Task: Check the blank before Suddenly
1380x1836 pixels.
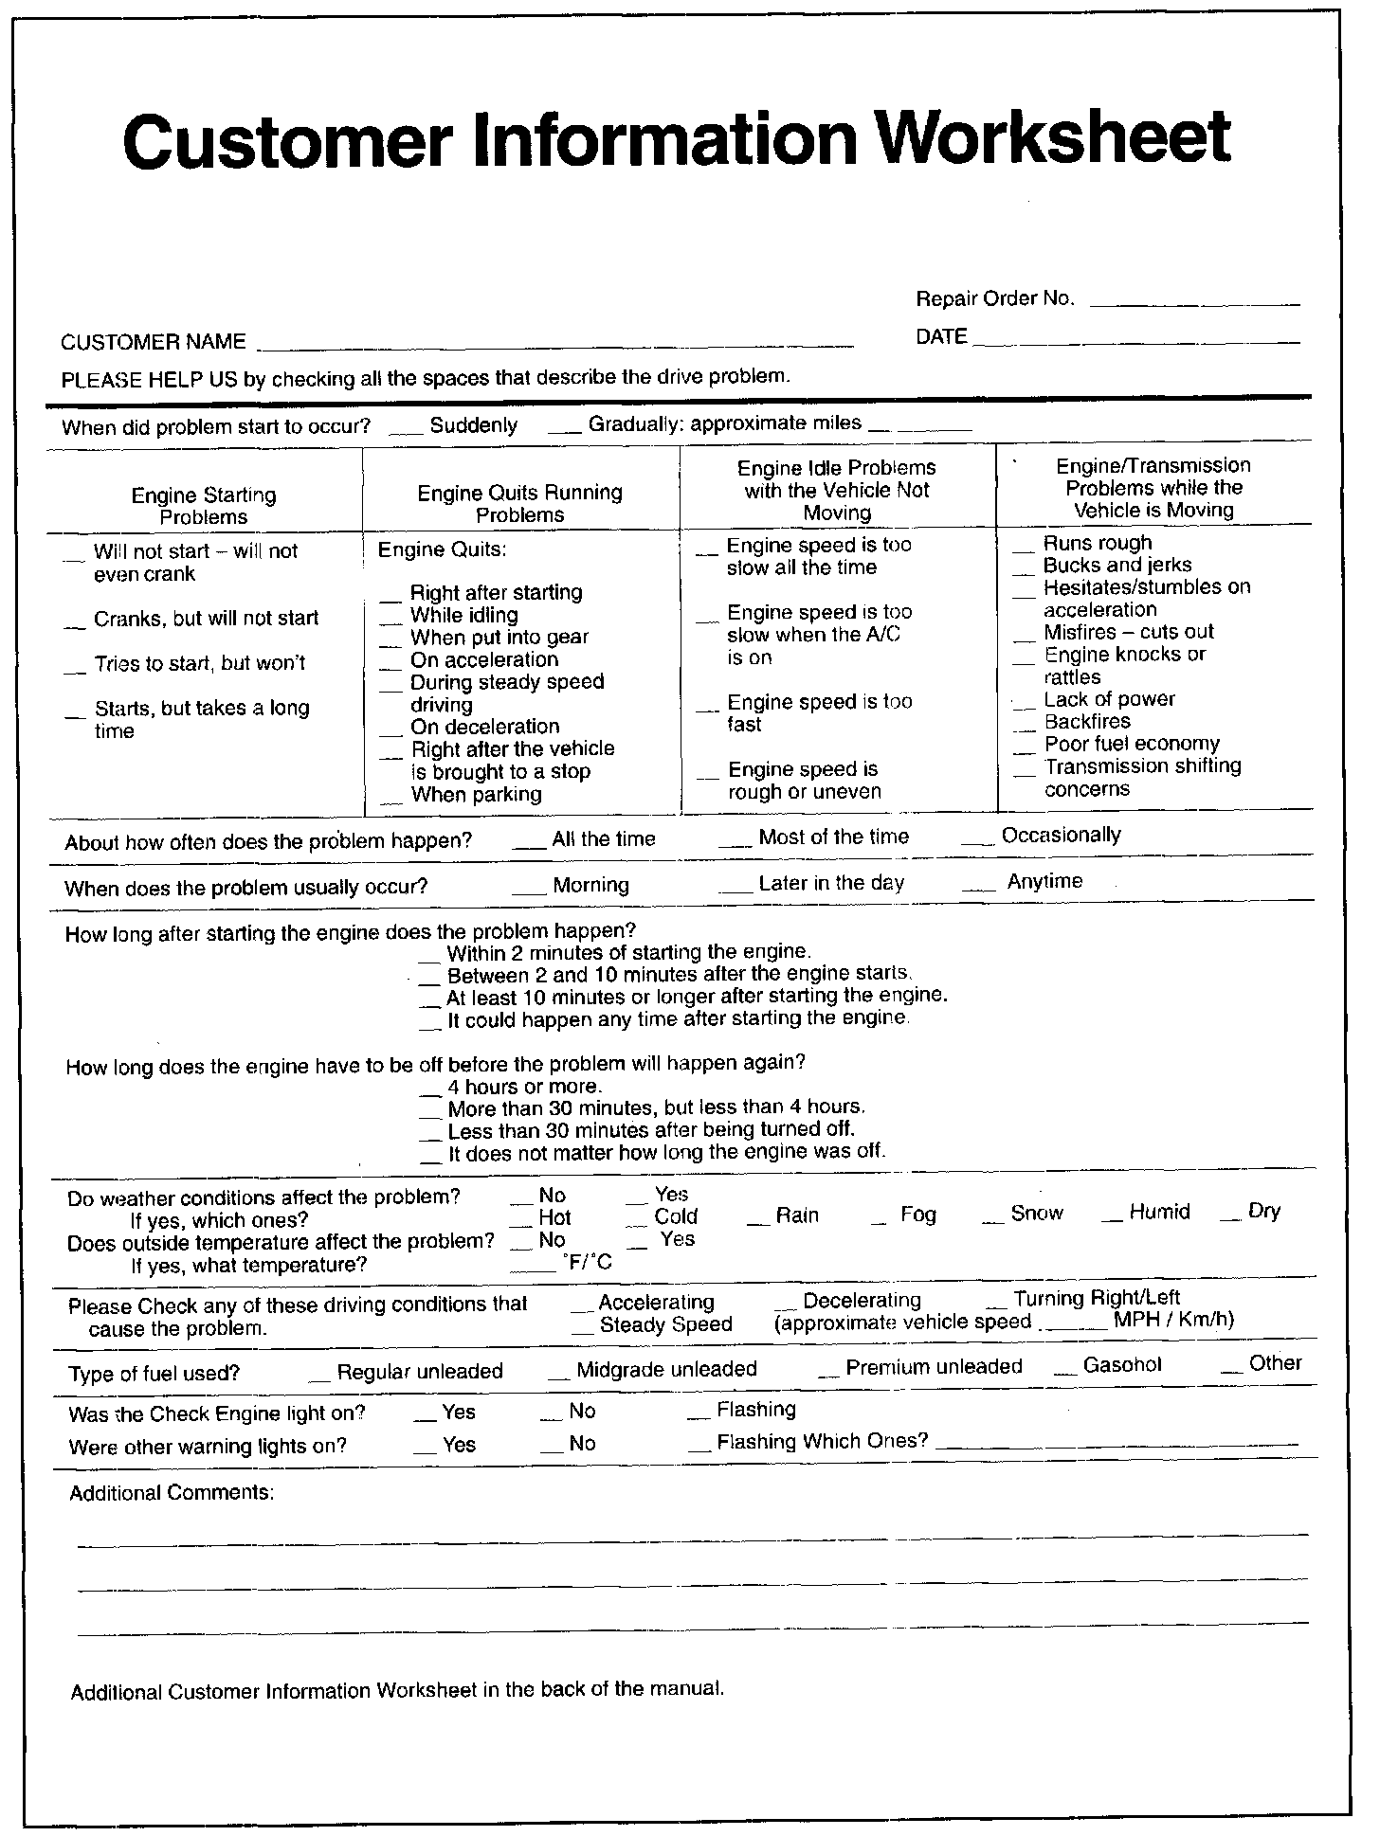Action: point(406,431)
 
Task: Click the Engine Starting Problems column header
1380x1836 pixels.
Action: point(204,506)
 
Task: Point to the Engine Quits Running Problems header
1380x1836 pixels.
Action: point(519,504)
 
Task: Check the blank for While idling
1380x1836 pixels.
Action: point(391,621)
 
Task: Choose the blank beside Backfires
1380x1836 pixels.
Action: point(1025,728)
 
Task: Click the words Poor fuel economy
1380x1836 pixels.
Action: point(1132,744)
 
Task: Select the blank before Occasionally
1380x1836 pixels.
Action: point(978,841)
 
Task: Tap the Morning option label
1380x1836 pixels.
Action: point(590,885)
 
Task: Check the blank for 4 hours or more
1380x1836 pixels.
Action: point(431,1093)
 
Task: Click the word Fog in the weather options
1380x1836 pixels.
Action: point(917,1215)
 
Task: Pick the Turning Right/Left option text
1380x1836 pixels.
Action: point(1096,1298)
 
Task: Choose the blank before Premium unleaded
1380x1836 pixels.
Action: point(828,1374)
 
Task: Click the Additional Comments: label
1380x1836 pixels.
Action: point(172,1493)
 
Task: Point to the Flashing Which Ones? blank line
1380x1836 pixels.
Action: point(1121,1446)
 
